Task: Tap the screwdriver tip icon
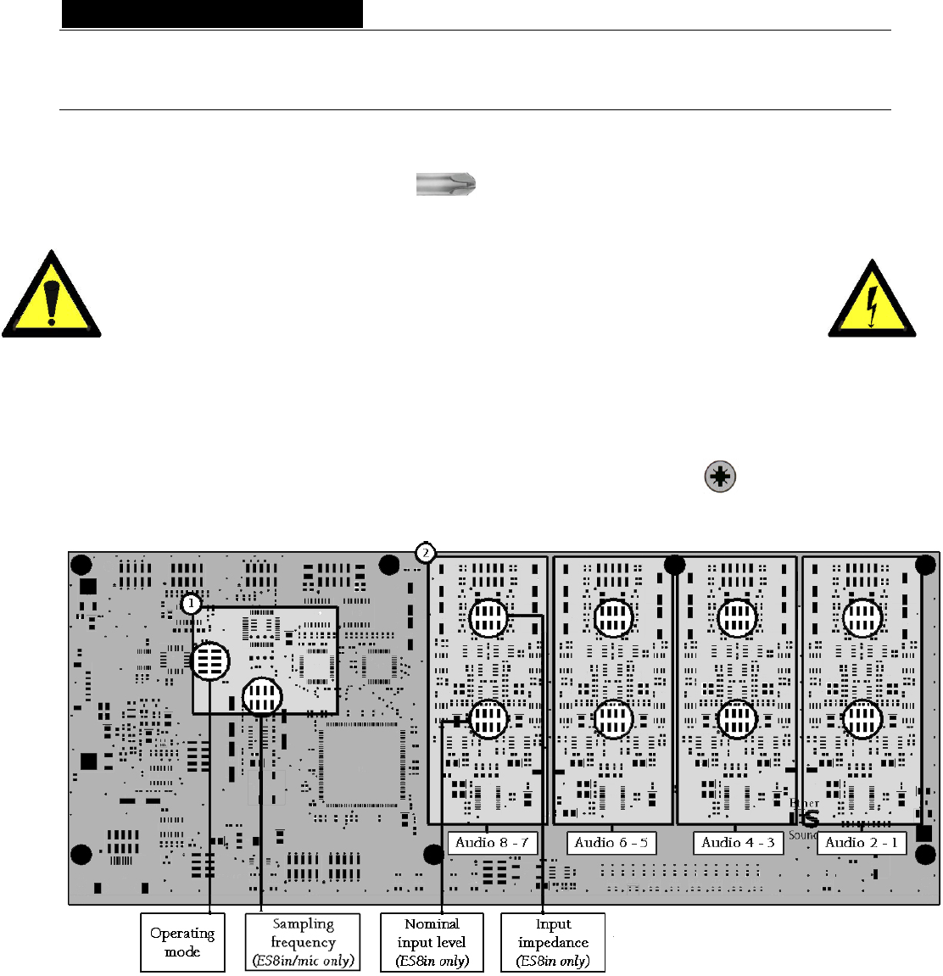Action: [x=446, y=184]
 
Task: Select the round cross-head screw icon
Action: [x=720, y=477]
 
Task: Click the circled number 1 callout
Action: [x=192, y=604]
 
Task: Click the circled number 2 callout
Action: [x=426, y=554]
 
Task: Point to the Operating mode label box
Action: [x=182, y=942]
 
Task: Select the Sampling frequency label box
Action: [x=303, y=942]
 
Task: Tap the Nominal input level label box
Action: [x=432, y=942]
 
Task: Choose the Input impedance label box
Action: [x=553, y=942]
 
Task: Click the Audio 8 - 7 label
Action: [x=492, y=843]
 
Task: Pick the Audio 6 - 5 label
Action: [x=611, y=843]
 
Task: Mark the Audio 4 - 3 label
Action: [x=738, y=843]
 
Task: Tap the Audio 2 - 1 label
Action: [x=862, y=843]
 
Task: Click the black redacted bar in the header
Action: [x=212, y=14]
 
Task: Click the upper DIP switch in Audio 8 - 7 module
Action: [x=488, y=617]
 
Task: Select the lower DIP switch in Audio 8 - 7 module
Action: [x=488, y=720]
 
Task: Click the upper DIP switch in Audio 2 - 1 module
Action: [x=862, y=617]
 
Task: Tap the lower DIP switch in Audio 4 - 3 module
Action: [x=737, y=720]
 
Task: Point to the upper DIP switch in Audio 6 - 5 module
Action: [x=612, y=617]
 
